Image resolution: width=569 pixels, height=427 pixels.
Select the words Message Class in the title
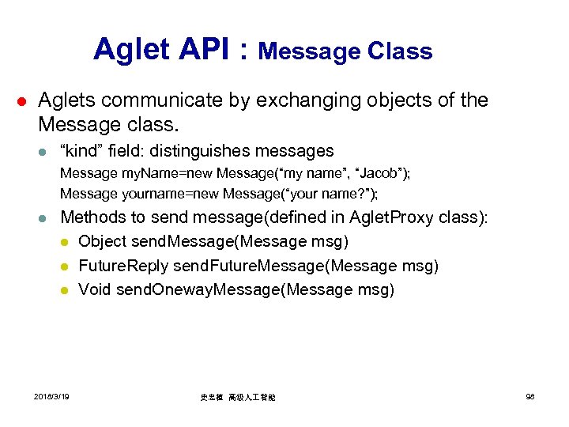coord(345,51)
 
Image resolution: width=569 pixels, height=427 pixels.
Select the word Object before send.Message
coord(105,241)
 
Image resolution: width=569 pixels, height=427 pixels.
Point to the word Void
coord(95,289)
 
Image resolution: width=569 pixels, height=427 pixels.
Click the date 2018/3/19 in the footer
coord(51,396)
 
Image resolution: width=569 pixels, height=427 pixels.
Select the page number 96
coord(530,396)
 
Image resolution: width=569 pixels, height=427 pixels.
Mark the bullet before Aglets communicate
coord(23,101)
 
